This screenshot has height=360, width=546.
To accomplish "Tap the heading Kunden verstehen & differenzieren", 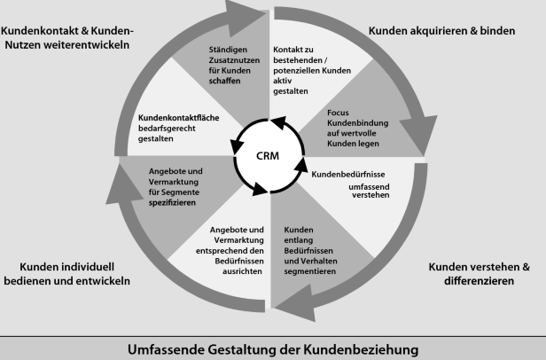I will (479, 274).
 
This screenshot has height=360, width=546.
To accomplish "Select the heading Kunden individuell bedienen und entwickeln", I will (66, 273).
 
